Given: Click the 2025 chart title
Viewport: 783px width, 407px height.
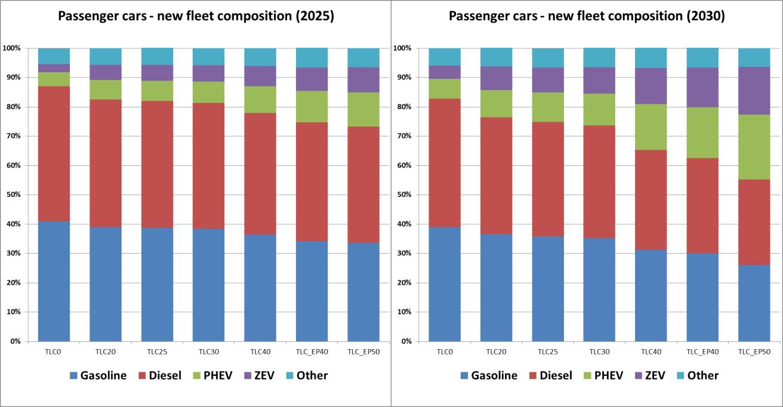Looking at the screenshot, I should click(196, 17).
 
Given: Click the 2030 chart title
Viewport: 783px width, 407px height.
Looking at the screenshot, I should click(587, 17).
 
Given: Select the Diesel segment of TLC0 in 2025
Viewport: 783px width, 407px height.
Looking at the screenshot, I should click(54, 154).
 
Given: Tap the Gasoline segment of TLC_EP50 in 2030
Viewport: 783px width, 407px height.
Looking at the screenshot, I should click(754, 303).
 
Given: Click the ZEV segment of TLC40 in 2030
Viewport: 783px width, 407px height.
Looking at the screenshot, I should click(651, 86).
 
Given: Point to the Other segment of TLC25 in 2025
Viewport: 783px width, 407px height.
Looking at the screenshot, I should click(157, 56).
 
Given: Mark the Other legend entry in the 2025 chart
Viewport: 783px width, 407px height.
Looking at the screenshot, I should click(306, 375).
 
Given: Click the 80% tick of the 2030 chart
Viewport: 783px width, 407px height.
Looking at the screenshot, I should click(403, 107).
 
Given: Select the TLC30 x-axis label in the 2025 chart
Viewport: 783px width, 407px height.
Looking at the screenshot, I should click(209, 351).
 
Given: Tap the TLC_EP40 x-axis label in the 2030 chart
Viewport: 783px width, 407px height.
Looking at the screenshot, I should click(702, 351).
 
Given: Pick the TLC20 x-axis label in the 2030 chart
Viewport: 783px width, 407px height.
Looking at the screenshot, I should click(497, 351).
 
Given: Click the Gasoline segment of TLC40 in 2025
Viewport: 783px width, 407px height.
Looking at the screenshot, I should click(260, 287).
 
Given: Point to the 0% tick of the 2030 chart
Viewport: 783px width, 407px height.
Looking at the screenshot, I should click(405, 341).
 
